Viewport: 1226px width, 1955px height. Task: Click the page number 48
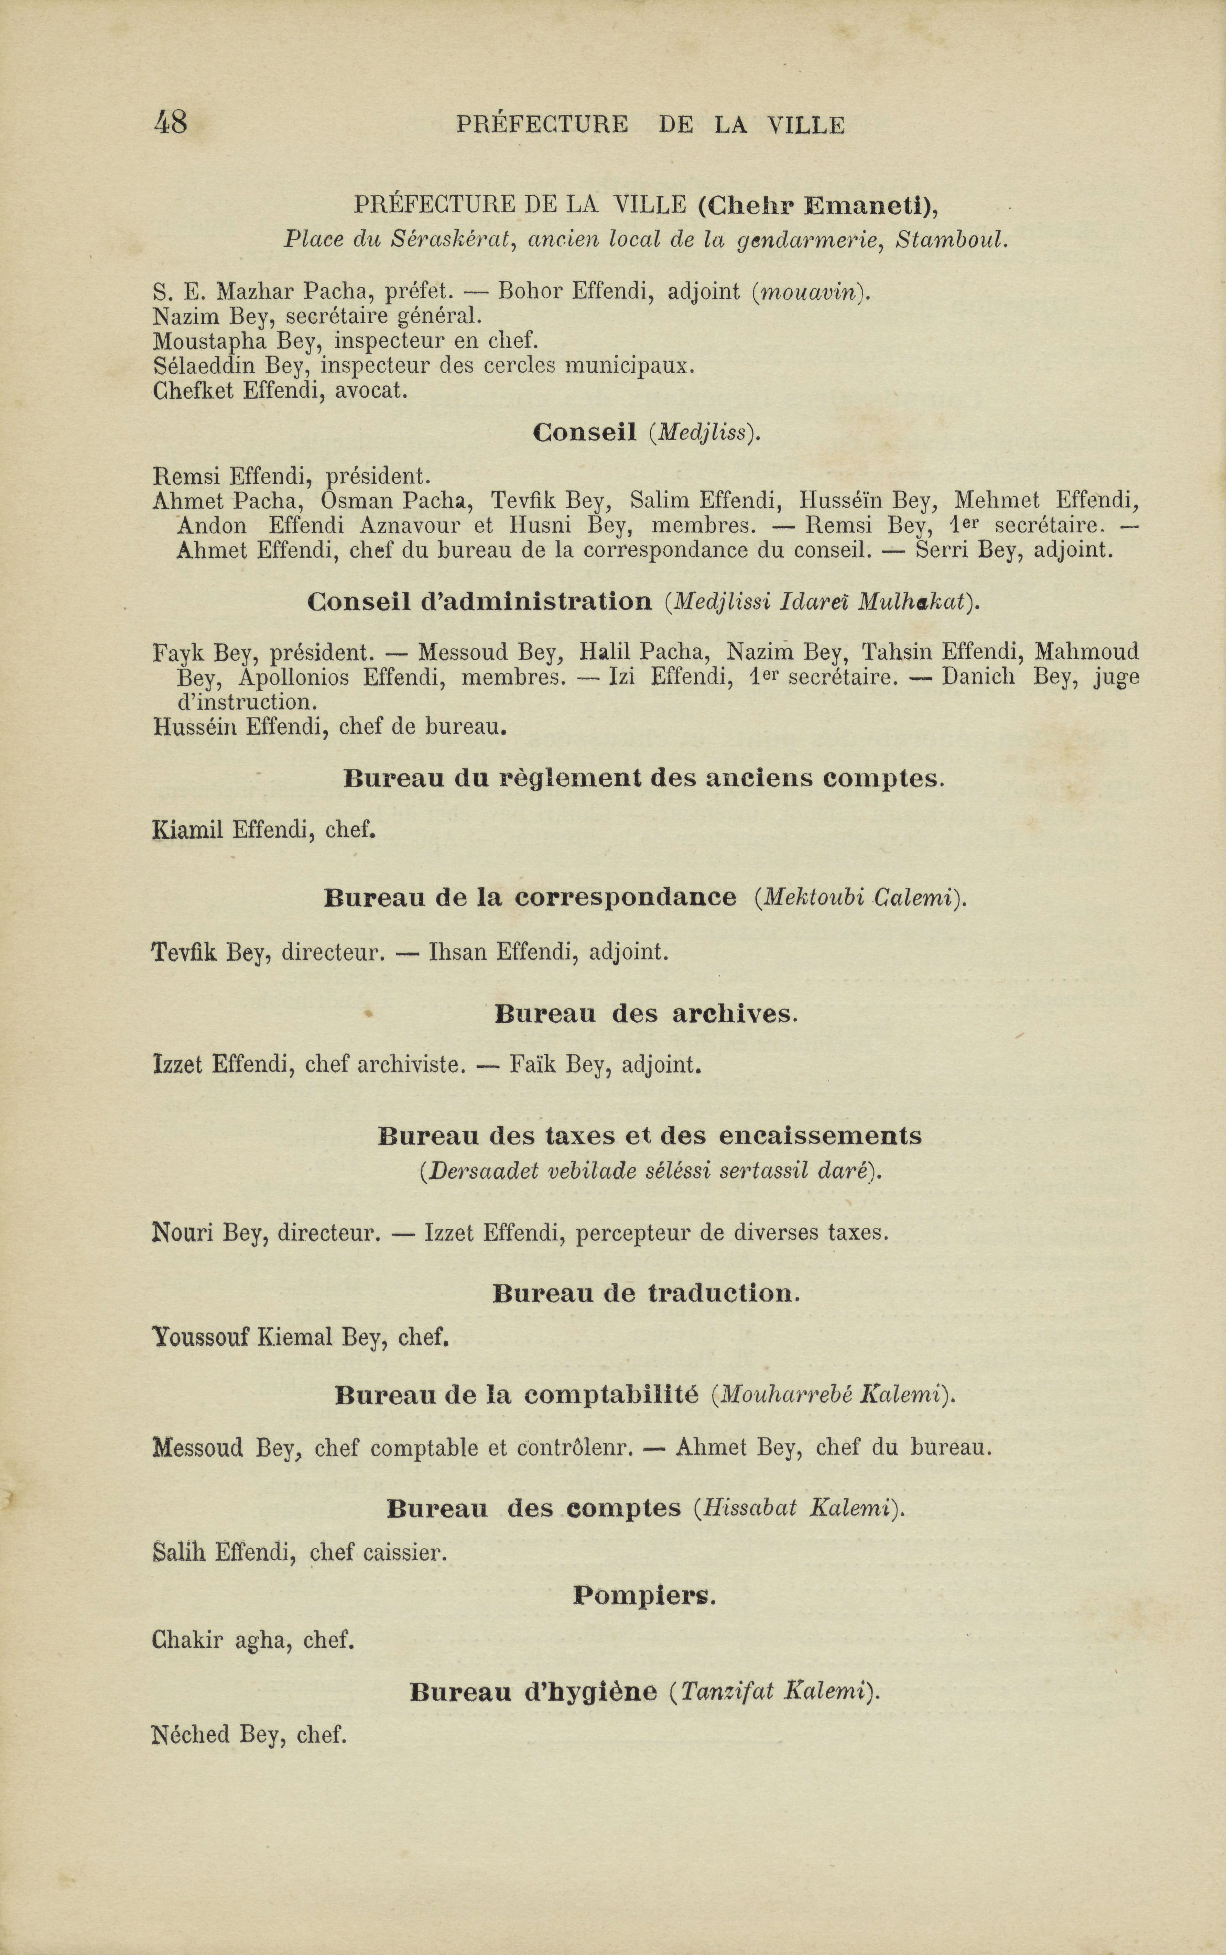tap(170, 123)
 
